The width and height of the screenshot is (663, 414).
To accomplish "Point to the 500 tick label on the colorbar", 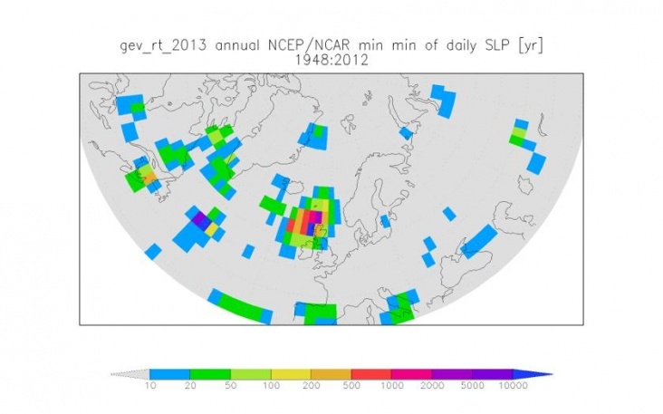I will (351, 386).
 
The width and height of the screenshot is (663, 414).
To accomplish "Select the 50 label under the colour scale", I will (230, 386).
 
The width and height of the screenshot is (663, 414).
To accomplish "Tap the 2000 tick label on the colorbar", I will (431, 386).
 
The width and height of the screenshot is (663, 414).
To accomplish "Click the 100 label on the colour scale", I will (270, 386).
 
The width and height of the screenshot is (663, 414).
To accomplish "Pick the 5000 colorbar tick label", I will (471, 386).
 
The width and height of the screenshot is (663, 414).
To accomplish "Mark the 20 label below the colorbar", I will (190, 386).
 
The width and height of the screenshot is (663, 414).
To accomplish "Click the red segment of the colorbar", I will (370, 373).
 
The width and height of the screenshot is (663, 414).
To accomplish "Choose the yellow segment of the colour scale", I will (290, 373).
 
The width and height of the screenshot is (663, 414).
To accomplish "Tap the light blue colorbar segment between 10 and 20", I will (169, 373).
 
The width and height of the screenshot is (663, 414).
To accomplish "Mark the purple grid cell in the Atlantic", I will (199, 217).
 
